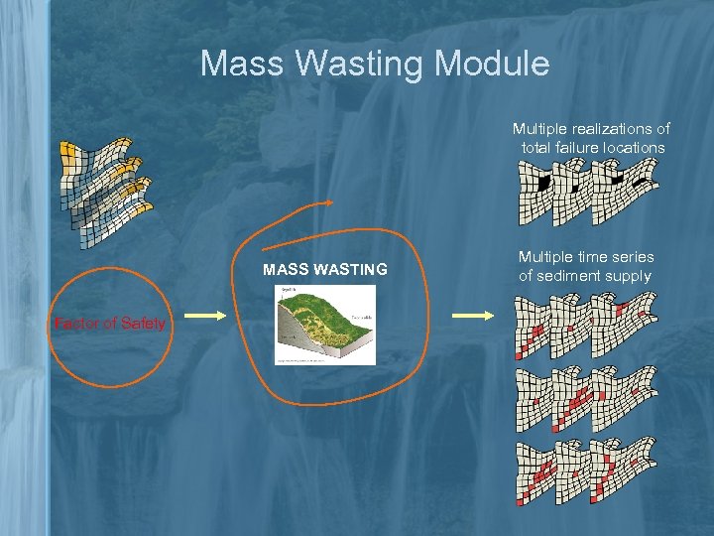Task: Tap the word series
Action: coord(633,256)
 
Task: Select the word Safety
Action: coord(145,323)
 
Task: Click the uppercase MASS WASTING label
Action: coord(324,269)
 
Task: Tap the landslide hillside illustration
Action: coord(325,325)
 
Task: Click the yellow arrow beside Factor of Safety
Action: coord(206,316)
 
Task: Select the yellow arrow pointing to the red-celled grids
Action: coord(472,316)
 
